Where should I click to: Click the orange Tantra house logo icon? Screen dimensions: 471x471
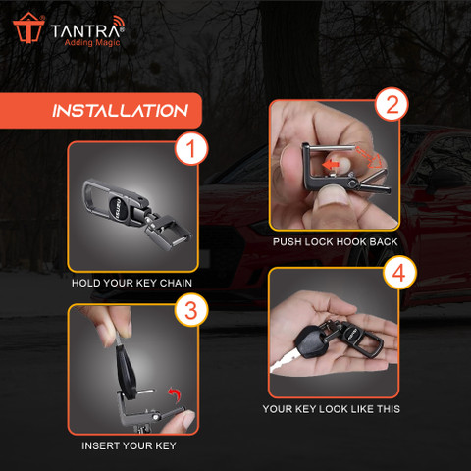point(28,28)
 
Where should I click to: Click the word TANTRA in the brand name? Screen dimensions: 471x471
point(85,31)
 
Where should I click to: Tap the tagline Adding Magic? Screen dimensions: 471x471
point(92,42)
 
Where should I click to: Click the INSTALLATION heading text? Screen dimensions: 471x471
point(120,111)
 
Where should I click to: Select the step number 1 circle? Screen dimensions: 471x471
point(191,148)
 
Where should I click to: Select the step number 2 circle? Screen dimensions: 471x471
point(392,104)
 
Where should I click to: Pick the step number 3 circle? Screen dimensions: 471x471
point(191,309)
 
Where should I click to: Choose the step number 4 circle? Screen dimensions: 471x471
point(399,273)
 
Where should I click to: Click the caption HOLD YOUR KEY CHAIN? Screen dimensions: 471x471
point(131,283)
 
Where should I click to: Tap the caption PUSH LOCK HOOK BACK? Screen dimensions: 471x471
point(336,242)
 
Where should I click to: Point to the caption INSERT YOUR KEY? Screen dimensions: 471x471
point(129,445)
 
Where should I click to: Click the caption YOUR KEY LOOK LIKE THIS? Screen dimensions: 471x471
point(332,409)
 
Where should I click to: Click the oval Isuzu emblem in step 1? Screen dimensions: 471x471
point(118,206)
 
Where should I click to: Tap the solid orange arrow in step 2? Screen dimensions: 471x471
point(330,165)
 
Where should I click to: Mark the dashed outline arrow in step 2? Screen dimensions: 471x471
point(369,157)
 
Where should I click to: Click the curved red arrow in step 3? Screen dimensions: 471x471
point(175,394)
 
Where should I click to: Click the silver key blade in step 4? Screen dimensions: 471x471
point(286,362)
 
